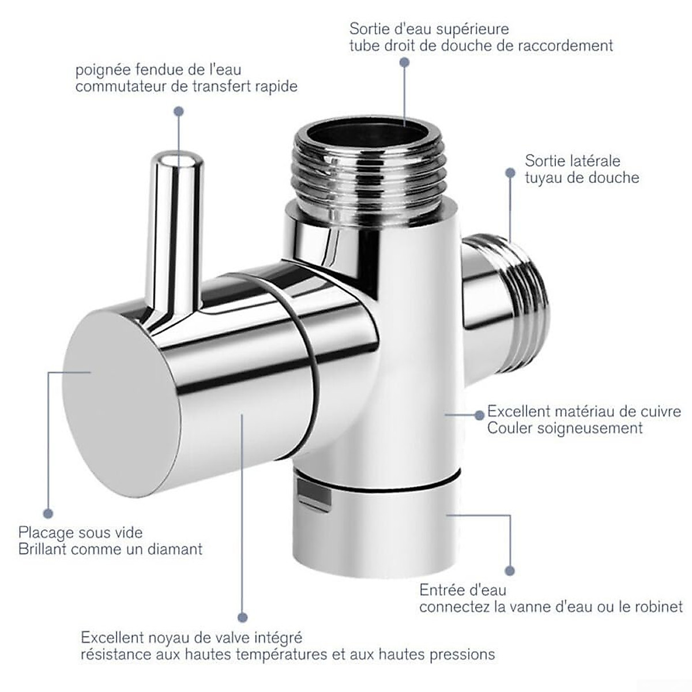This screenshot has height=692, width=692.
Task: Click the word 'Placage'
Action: pos(46,532)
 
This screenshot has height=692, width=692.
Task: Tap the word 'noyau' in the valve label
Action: pos(164,638)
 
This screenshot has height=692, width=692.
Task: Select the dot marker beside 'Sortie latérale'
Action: pos(510,172)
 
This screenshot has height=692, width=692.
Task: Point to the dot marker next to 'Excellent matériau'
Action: pos(479,414)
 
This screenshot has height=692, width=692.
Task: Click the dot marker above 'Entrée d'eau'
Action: pos(509,571)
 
